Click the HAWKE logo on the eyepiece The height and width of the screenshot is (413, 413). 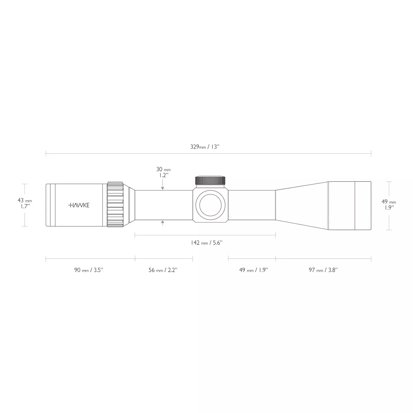click(x=79, y=205)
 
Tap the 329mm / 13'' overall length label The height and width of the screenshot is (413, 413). click(x=205, y=147)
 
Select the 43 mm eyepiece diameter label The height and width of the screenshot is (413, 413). click(x=25, y=203)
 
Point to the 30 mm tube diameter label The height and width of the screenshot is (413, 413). click(x=163, y=172)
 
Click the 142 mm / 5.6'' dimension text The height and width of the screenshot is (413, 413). click(x=206, y=243)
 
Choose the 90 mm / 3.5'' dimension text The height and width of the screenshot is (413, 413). click(x=89, y=270)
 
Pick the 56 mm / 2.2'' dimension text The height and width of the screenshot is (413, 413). click(x=163, y=270)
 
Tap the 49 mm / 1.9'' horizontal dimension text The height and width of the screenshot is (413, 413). click(x=254, y=270)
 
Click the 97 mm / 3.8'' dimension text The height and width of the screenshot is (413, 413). click(x=323, y=270)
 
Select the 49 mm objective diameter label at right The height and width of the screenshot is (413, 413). click(x=389, y=204)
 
